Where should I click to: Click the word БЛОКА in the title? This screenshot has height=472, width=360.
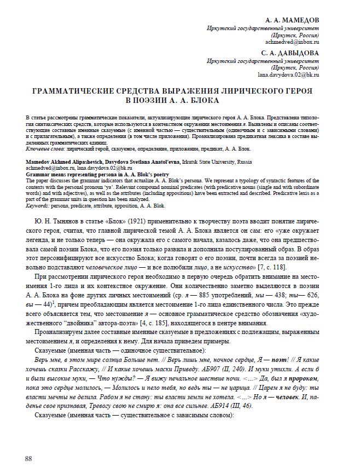202,100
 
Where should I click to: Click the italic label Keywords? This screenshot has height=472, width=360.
39,206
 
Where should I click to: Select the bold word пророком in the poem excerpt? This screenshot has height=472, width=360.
303,378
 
